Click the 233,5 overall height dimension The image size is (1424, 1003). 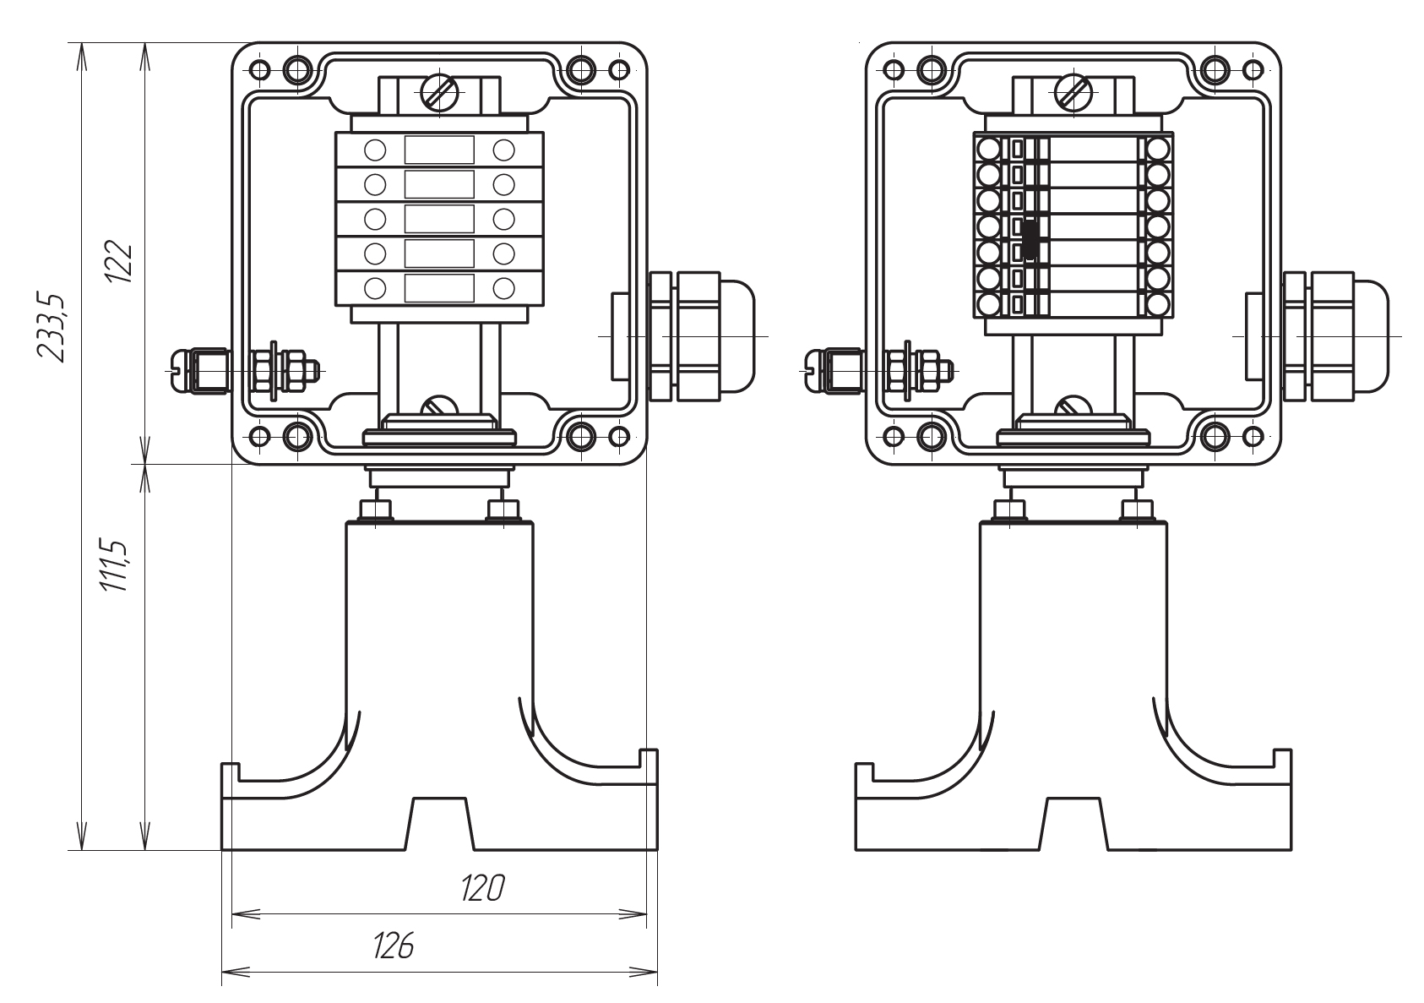coord(51,329)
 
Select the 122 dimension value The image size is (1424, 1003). coord(119,261)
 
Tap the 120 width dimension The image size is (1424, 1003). coord(482,889)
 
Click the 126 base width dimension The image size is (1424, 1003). coord(393,946)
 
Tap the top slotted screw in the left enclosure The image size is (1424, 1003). coord(439,94)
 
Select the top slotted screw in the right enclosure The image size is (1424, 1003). coord(1073,94)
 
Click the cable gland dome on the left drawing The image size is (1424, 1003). coord(737,335)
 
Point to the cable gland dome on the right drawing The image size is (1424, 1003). coord(1372,335)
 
